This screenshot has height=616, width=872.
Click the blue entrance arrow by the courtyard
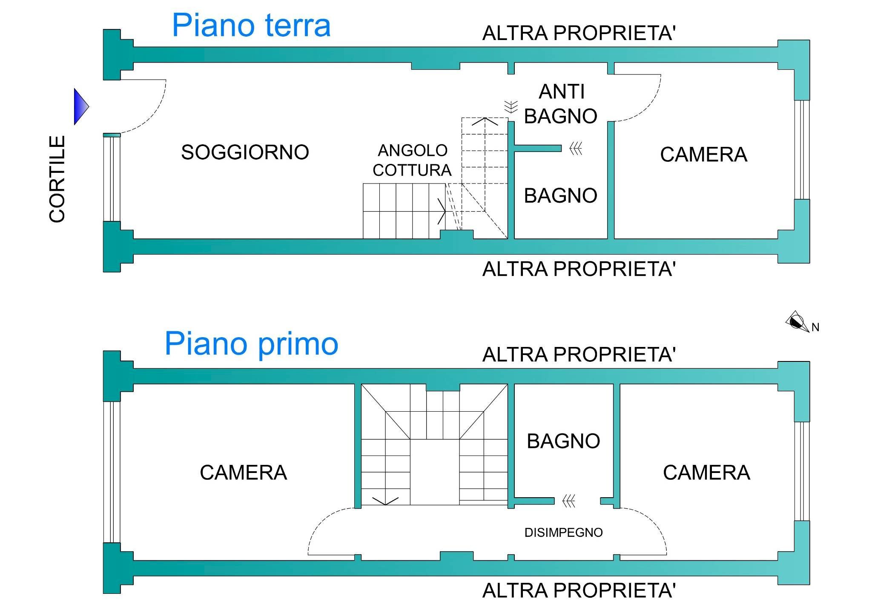(81, 106)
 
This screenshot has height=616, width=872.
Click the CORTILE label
(57, 179)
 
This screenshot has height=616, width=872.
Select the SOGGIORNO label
(245, 152)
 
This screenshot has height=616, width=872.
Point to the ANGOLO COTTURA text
(412, 160)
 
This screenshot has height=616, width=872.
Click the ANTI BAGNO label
(561, 104)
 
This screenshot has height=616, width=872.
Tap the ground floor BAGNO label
(560, 196)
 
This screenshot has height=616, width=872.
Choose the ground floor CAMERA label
(703, 155)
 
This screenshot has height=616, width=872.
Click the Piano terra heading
(251, 26)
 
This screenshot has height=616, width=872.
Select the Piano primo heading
(251, 344)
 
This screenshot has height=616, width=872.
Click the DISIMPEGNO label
(563, 533)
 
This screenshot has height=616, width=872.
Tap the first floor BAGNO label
(563, 441)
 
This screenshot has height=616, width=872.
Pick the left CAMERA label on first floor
(243, 473)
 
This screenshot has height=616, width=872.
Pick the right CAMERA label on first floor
(706, 473)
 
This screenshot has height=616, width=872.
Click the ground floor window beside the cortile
(112, 178)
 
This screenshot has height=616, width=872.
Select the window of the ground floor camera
(802, 149)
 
